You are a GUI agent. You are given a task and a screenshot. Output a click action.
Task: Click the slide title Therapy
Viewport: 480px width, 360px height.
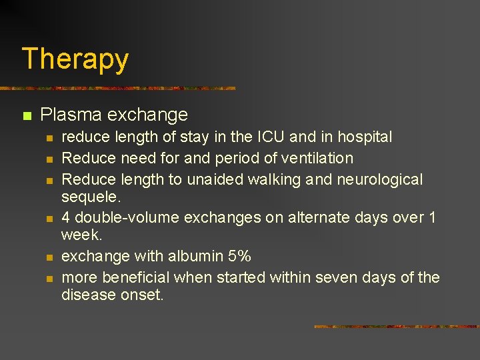[x=75, y=59]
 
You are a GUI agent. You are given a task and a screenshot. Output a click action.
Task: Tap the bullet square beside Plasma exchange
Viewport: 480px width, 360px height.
[x=27, y=116]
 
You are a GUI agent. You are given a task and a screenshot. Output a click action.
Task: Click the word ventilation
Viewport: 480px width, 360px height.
[x=313, y=159]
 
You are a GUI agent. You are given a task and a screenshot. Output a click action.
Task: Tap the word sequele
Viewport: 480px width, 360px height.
[x=89, y=197]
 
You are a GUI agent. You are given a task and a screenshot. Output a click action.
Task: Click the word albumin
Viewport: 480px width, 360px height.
[x=193, y=257]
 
